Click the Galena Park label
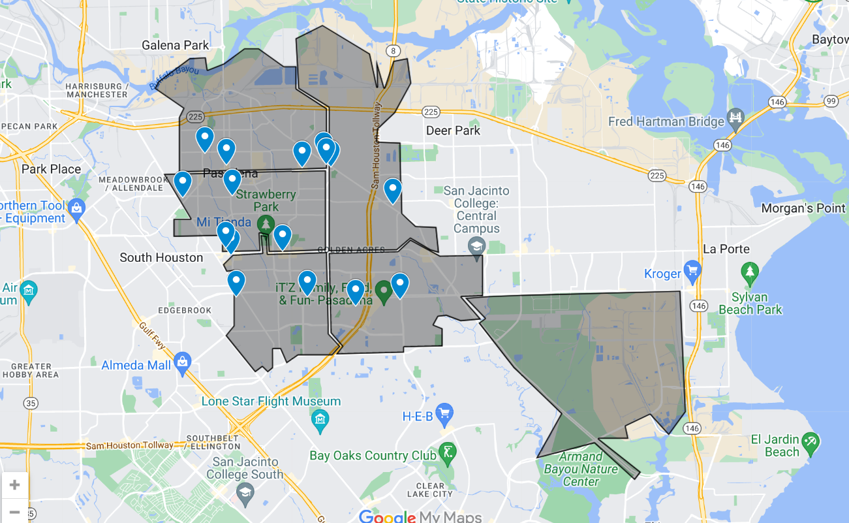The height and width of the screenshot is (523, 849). click(176, 45)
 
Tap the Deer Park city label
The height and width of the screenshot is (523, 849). click(453, 131)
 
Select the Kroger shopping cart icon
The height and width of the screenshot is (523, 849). click(692, 270)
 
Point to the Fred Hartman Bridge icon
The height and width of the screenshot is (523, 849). click(736, 118)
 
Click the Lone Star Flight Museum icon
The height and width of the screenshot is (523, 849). click(320, 418)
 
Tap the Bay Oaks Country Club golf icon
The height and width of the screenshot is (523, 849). click(448, 451)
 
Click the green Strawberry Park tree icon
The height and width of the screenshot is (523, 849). click(265, 224)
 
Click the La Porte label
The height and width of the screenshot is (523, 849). click(726, 249)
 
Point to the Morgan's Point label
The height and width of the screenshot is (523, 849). click(803, 208)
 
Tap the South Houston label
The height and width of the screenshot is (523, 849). click(161, 257)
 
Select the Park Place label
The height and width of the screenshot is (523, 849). click(51, 169)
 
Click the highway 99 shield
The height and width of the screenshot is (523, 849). click(830, 101)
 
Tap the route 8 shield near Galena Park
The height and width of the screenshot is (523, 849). click(392, 50)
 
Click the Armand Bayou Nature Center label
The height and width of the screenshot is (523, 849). click(580, 469)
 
